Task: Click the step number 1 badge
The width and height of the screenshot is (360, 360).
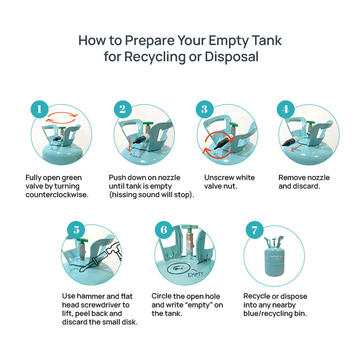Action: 40,109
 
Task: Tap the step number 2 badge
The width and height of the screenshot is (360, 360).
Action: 122,109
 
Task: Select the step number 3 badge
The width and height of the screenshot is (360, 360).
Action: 205,109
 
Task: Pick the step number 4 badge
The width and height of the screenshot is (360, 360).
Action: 286,109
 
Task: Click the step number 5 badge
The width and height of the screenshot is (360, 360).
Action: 76,230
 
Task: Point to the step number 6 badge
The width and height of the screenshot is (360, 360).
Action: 163,230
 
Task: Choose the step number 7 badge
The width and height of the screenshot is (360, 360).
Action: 254,230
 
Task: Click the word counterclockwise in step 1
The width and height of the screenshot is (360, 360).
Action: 57,195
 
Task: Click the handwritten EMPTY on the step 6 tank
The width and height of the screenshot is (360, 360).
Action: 196,274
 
